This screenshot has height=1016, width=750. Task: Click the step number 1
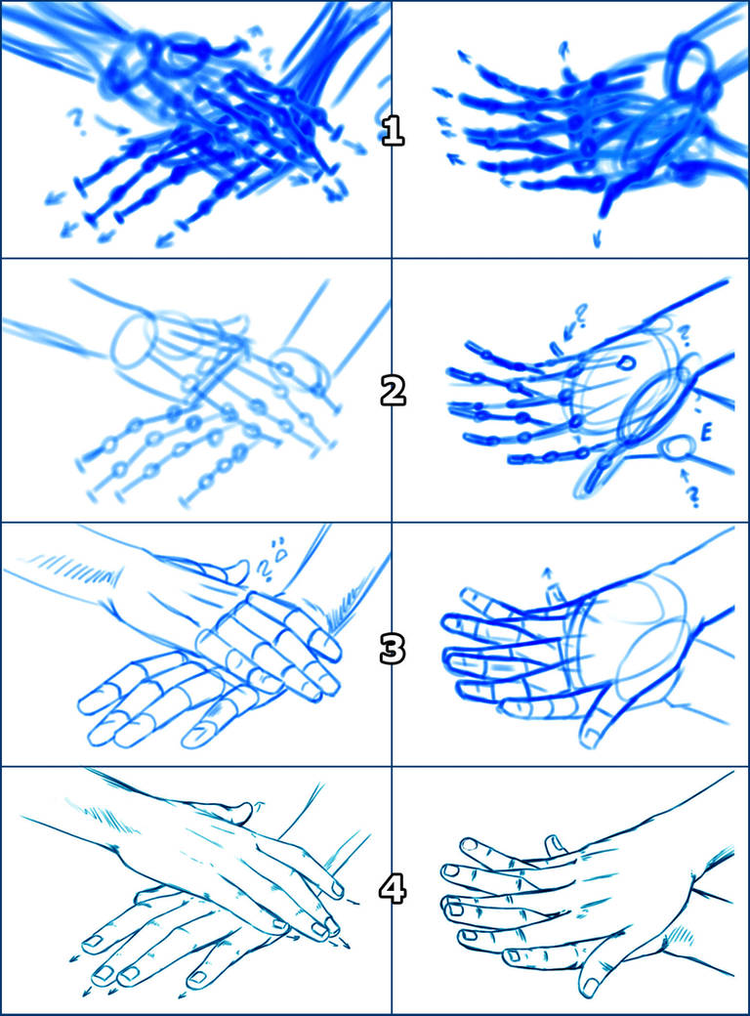point(392,130)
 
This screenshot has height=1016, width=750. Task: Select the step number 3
point(392,649)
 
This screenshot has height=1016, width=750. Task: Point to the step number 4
point(392,890)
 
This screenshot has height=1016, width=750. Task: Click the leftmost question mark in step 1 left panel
point(73,119)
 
